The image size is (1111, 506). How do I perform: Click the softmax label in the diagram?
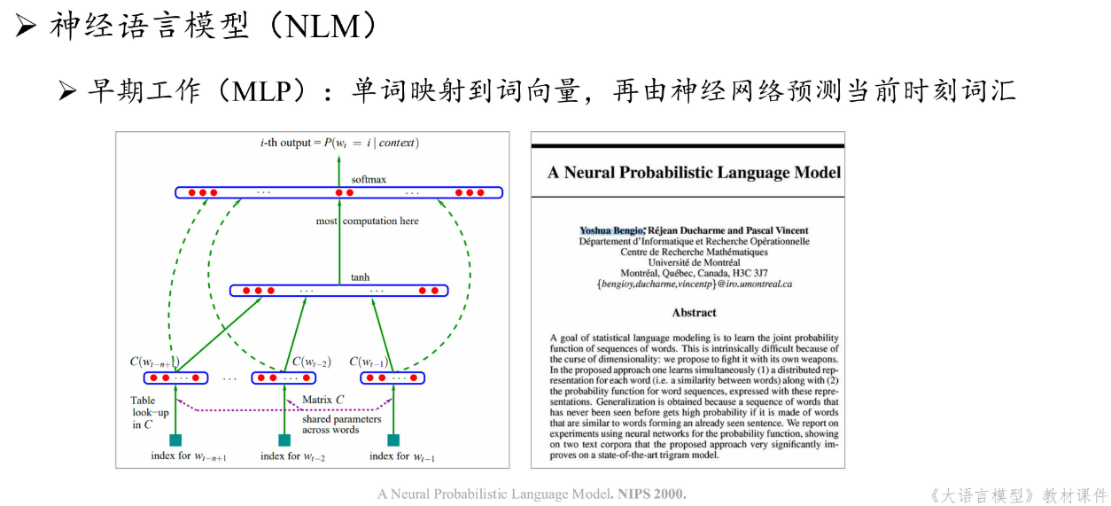pos(369,180)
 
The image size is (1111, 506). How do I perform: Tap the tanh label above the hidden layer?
pos(361,277)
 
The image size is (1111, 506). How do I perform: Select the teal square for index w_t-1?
pos(393,440)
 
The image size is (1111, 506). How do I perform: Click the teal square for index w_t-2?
pos(284,440)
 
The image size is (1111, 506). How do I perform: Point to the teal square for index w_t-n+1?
pos(175,440)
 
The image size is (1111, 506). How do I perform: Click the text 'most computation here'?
pos(367,221)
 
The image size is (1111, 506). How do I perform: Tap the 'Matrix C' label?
pos(323,400)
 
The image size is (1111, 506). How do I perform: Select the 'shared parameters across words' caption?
pos(341,424)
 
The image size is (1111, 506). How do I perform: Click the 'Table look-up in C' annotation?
pos(144,412)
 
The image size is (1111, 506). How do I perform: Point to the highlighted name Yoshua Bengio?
pos(611,230)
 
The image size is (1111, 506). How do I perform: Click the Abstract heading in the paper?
pos(694,313)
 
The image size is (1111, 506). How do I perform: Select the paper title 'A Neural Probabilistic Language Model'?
pos(694,173)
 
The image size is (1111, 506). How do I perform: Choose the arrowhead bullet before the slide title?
pos(26,27)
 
